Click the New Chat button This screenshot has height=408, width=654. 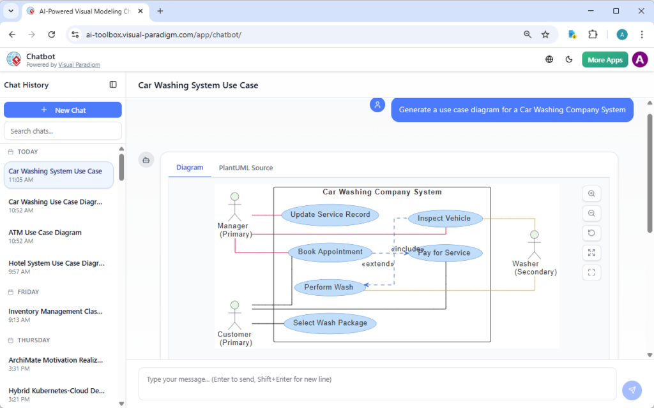coord(63,110)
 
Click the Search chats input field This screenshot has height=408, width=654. coord(63,131)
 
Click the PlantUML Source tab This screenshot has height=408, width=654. coord(246,168)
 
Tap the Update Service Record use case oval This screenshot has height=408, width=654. coord(330,215)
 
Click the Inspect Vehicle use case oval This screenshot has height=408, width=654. coord(445,219)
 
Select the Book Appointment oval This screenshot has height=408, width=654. coord(330,252)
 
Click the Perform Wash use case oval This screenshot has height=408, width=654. coord(329,288)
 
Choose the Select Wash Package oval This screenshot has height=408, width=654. coord(330,323)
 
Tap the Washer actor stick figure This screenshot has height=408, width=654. coord(534,244)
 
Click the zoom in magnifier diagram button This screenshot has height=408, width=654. coord(591,194)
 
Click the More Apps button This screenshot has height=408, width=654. coord(604,60)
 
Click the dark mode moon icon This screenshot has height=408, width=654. coord(569,60)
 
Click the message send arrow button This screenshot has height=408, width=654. coord(632,390)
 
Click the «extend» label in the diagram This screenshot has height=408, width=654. coord(377,264)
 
